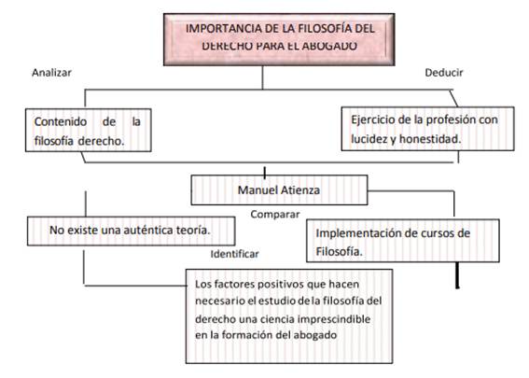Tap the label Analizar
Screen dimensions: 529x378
pyautogui.click(x=51, y=73)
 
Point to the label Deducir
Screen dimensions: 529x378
pyautogui.click(x=444, y=73)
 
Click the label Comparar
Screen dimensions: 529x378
pyautogui.click(x=275, y=215)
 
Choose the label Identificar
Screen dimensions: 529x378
pyautogui.click(x=234, y=254)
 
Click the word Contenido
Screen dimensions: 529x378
pyautogui.click(x=61, y=121)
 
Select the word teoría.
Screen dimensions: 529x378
pyautogui.click(x=193, y=231)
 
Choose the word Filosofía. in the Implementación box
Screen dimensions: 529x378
pyautogui.click(x=339, y=251)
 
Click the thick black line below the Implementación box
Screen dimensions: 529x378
pyautogui.click(x=457, y=275)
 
